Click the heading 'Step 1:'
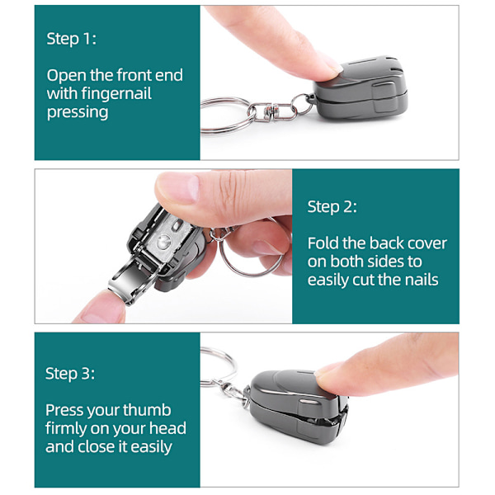click(71, 39)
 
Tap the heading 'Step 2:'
click(332, 207)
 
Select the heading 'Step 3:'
click(70, 374)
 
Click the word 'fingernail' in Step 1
click(116, 94)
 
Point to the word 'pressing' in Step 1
click(78, 112)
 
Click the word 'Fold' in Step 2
click(323, 243)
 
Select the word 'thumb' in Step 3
click(147, 410)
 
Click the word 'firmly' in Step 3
click(66, 429)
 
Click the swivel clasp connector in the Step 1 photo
click(272, 111)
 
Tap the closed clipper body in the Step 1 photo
click(361, 87)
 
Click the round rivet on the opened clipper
click(164, 242)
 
